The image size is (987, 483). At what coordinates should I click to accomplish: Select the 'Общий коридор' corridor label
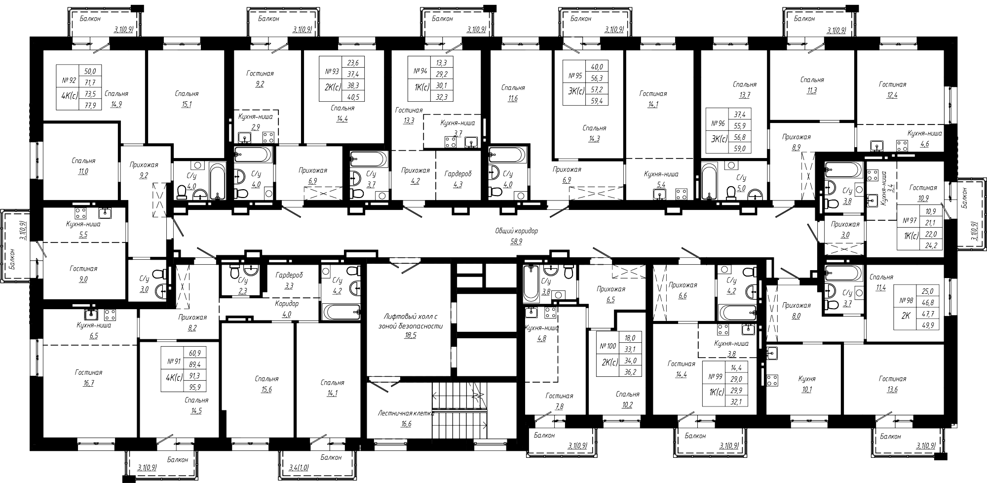pyautogui.click(x=517, y=231)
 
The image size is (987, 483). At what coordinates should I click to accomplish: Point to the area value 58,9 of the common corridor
pyautogui.click(x=516, y=241)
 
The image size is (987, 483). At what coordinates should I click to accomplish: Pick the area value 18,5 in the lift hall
pyautogui.click(x=410, y=335)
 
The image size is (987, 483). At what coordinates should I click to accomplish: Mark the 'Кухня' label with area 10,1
pyautogui.click(x=807, y=379)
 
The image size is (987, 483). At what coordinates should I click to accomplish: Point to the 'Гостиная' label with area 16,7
pyautogui.click(x=89, y=373)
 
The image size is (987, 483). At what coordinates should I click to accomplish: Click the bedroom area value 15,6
pyautogui.click(x=266, y=390)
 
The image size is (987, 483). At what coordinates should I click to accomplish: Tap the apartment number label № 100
pyautogui.click(x=607, y=346)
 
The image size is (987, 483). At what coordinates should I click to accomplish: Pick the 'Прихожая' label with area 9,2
pyautogui.click(x=144, y=165)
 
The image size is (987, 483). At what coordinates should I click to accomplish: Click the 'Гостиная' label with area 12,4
pyautogui.click(x=892, y=84)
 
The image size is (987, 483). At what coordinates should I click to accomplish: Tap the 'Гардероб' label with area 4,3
pyautogui.click(x=458, y=174)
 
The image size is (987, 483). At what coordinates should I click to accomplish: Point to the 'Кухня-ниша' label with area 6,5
pyautogui.click(x=93, y=325)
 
